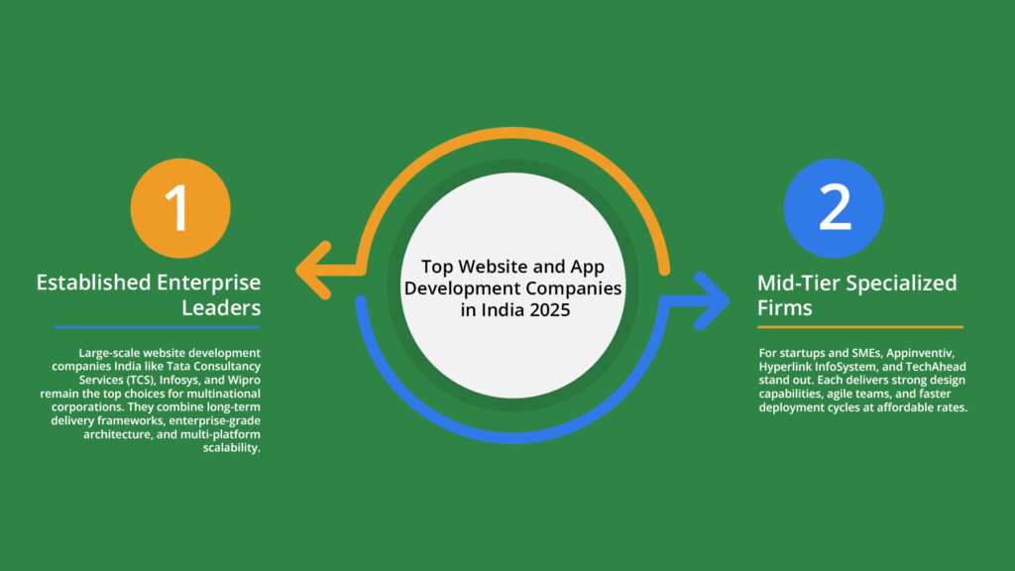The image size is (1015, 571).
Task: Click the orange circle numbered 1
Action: pos(180,207)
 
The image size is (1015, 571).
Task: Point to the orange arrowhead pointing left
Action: pos(315,269)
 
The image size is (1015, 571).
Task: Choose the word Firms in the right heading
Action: pos(785,307)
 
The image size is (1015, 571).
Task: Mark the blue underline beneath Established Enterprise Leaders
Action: pos(157,326)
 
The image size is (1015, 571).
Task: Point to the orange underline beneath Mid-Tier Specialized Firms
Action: pos(860,326)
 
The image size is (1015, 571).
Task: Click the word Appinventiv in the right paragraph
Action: pos(914,353)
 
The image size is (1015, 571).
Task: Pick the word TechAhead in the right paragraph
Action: pos(927,367)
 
